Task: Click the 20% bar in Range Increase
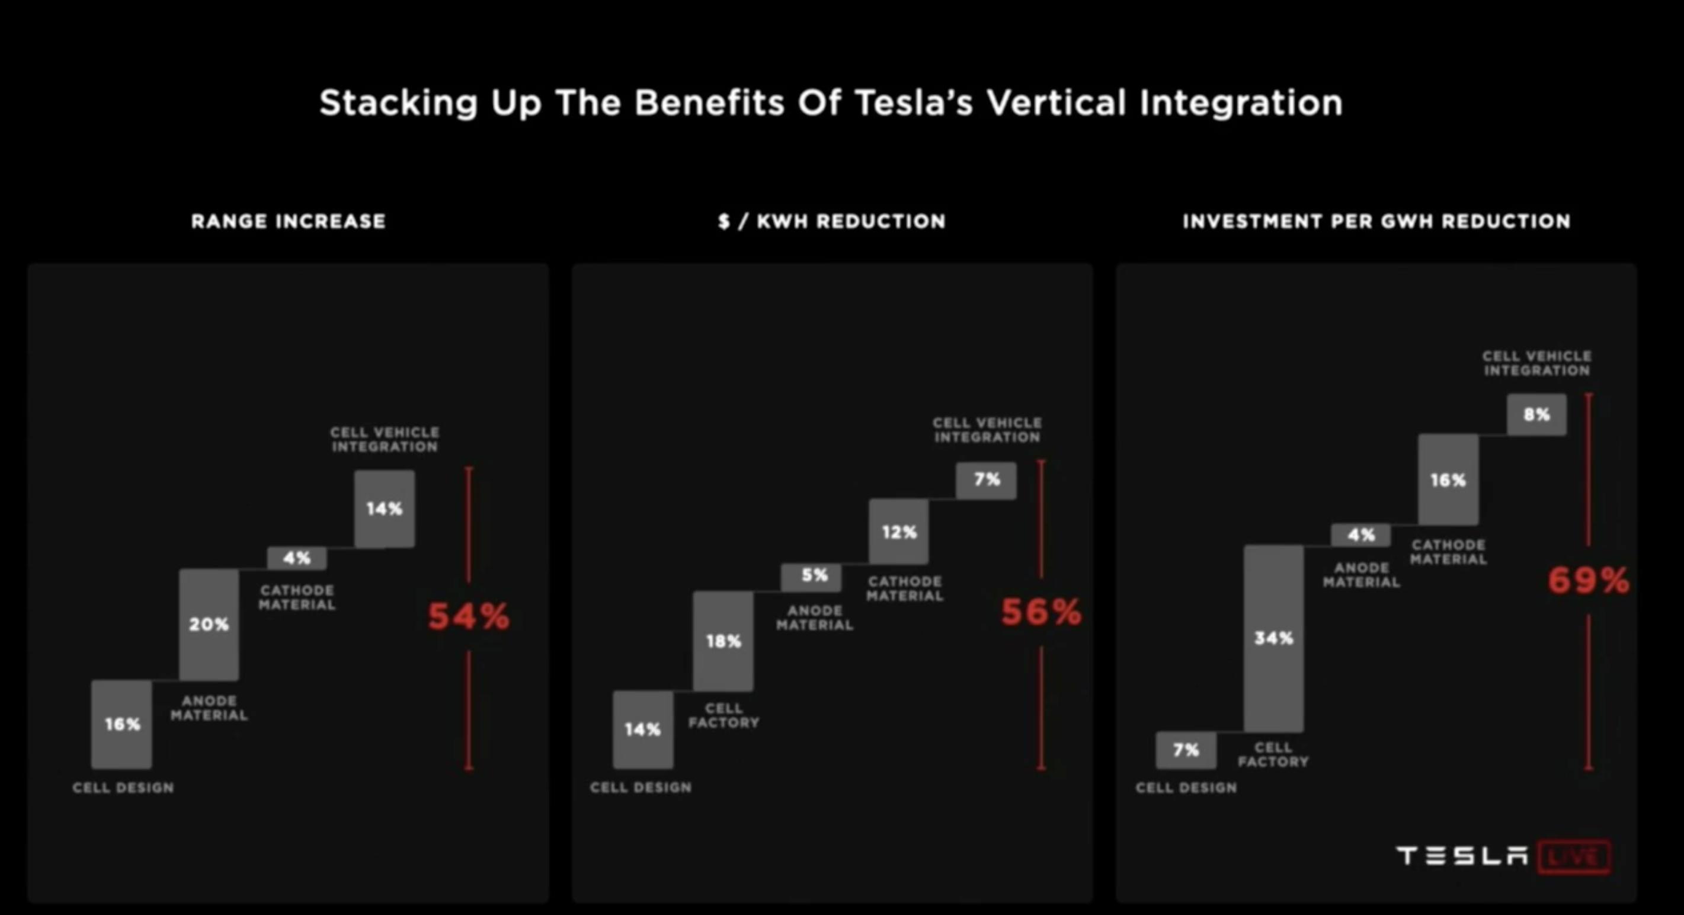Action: pyautogui.click(x=209, y=624)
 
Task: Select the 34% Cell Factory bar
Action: pyautogui.click(x=1273, y=638)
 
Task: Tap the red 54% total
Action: pyautogui.click(x=469, y=616)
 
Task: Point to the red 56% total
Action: pyautogui.click(x=1041, y=612)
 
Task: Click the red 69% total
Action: pyautogui.click(x=1589, y=580)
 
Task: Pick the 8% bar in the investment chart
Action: pyautogui.click(x=1537, y=414)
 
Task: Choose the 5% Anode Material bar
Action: pyautogui.click(x=811, y=577)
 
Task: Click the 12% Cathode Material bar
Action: pyautogui.click(x=899, y=532)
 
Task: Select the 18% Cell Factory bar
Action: pyautogui.click(x=723, y=641)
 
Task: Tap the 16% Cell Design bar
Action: pyautogui.click(x=121, y=724)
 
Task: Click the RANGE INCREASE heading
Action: pyautogui.click(x=289, y=221)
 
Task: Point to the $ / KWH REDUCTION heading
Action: pyautogui.click(x=831, y=221)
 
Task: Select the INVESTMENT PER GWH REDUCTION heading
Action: pyautogui.click(x=1376, y=221)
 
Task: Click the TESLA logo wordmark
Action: pyautogui.click(x=1462, y=856)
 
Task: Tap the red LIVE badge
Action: pyautogui.click(x=1574, y=857)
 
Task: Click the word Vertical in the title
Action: pyautogui.click(x=1056, y=103)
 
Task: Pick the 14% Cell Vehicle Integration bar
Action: pyautogui.click(x=385, y=509)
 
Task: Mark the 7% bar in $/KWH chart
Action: pyautogui.click(x=986, y=480)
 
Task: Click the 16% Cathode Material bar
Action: pyautogui.click(x=1448, y=479)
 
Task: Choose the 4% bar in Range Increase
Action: pyautogui.click(x=297, y=558)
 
